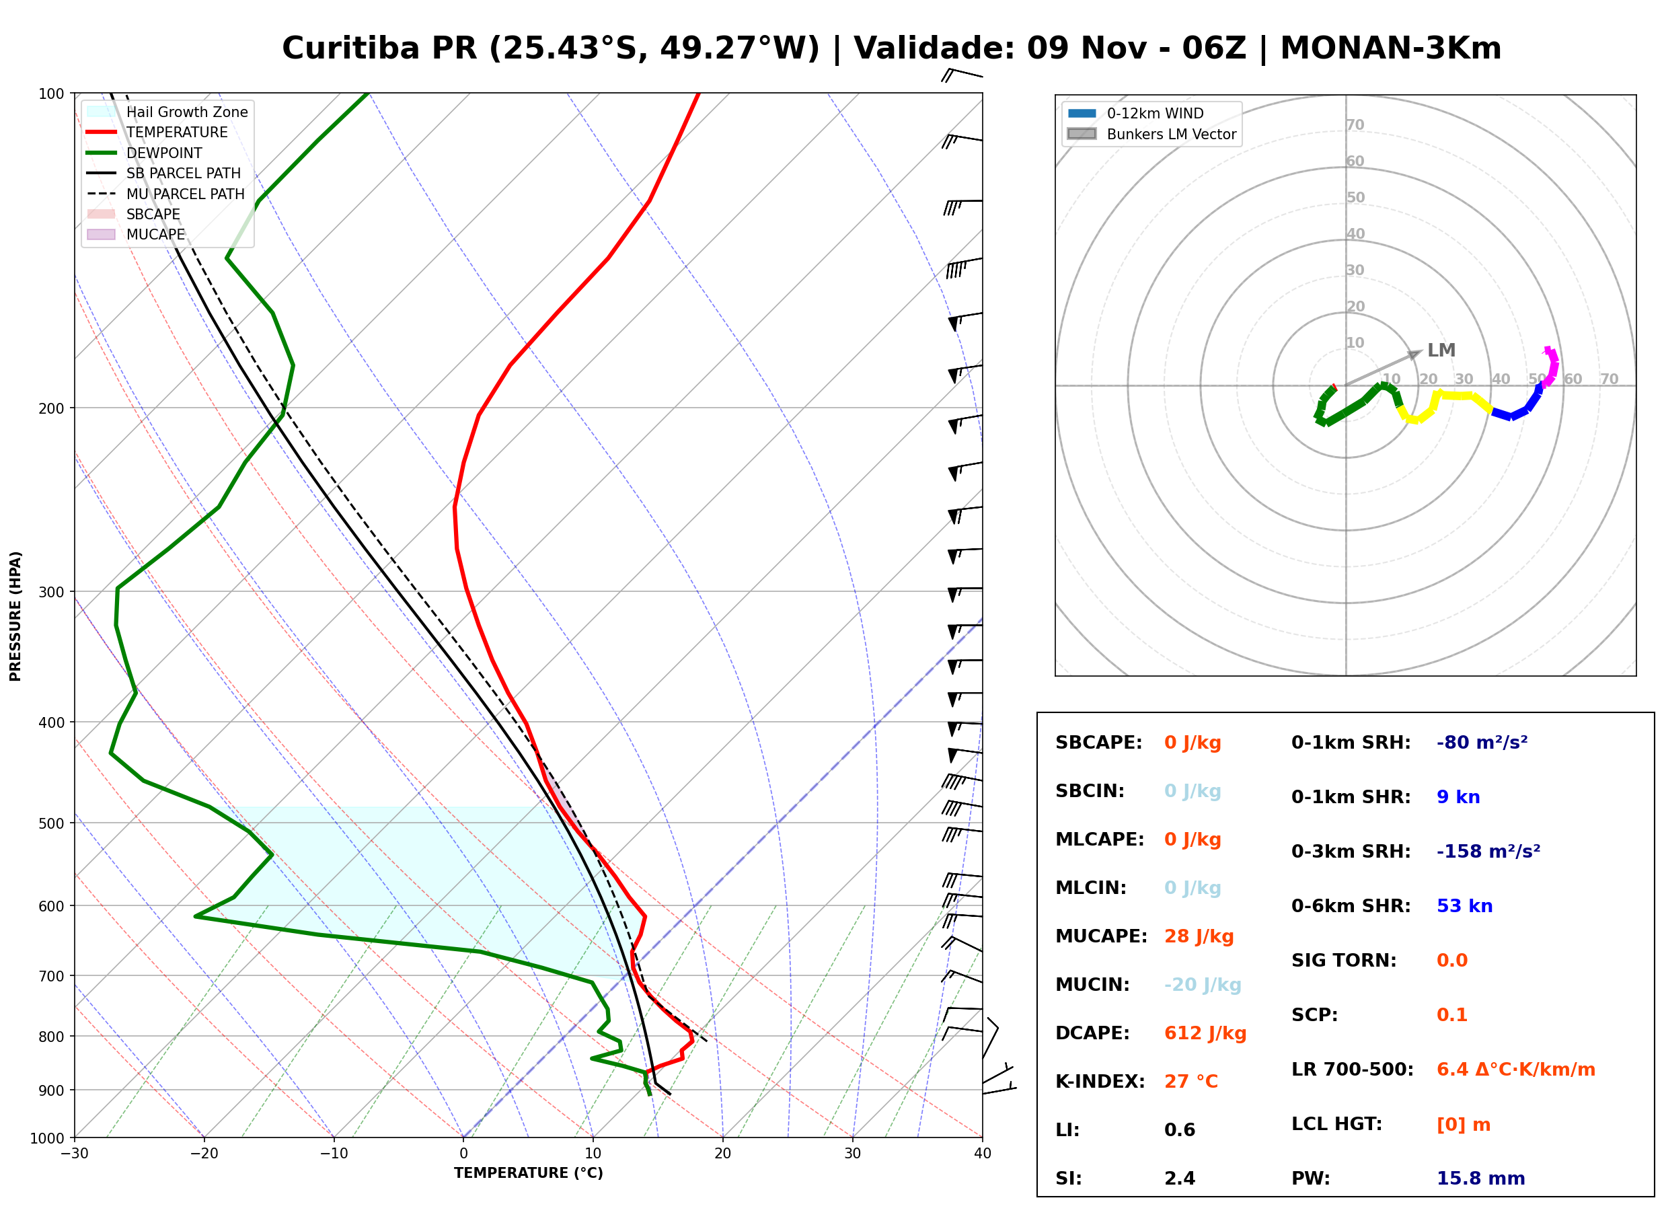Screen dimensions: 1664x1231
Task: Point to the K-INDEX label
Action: click(x=1100, y=1082)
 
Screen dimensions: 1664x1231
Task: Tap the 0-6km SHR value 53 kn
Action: click(x=1464, y=906)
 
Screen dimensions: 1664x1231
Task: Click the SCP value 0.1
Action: click(x=1451, y=1015)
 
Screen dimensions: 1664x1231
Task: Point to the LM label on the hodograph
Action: click(x=1441, y=350)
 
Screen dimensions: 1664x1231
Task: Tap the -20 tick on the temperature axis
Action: click(x=203, y=1154)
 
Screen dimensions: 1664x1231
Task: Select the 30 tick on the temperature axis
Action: click(x=853, y=1154)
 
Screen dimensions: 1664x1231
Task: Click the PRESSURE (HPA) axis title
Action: click(x=15, y=616)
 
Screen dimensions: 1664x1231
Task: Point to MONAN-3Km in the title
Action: click(x=1391, y=48)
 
